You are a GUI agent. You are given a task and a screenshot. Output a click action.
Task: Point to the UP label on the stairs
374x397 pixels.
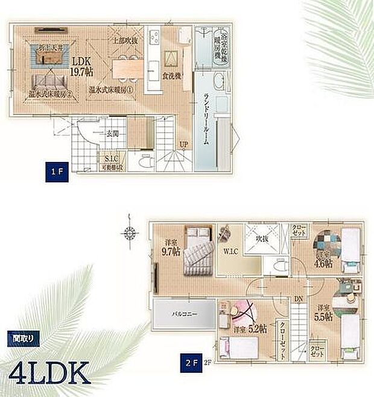point(184,144)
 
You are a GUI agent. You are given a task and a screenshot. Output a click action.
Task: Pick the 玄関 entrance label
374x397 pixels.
point(113,134)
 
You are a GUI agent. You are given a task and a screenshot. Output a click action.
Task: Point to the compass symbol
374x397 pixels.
point(128,232)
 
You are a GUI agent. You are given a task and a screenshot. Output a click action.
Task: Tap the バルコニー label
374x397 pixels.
point(182,314)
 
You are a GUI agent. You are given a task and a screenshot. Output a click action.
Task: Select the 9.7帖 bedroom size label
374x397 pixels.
point(171,248)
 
